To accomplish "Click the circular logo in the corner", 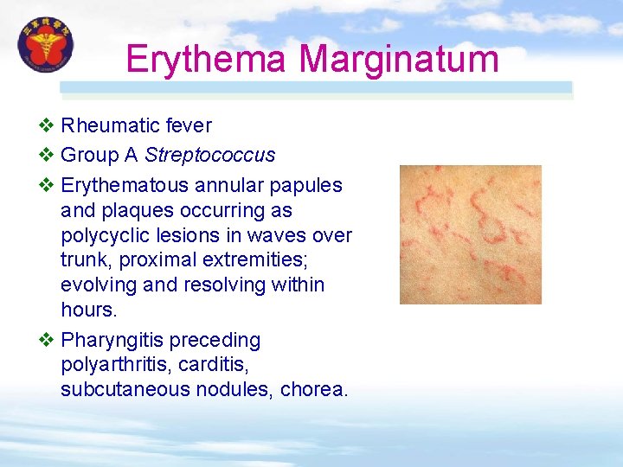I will pos(46,45).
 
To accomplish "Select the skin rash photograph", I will pos(470,234).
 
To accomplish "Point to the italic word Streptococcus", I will pos(209,156).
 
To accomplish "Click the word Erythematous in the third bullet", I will pos(125,185).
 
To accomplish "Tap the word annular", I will pos(227,185).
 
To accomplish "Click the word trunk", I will pos(84,259).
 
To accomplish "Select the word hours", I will pos(87,310).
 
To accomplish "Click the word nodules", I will pos(237,390).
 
